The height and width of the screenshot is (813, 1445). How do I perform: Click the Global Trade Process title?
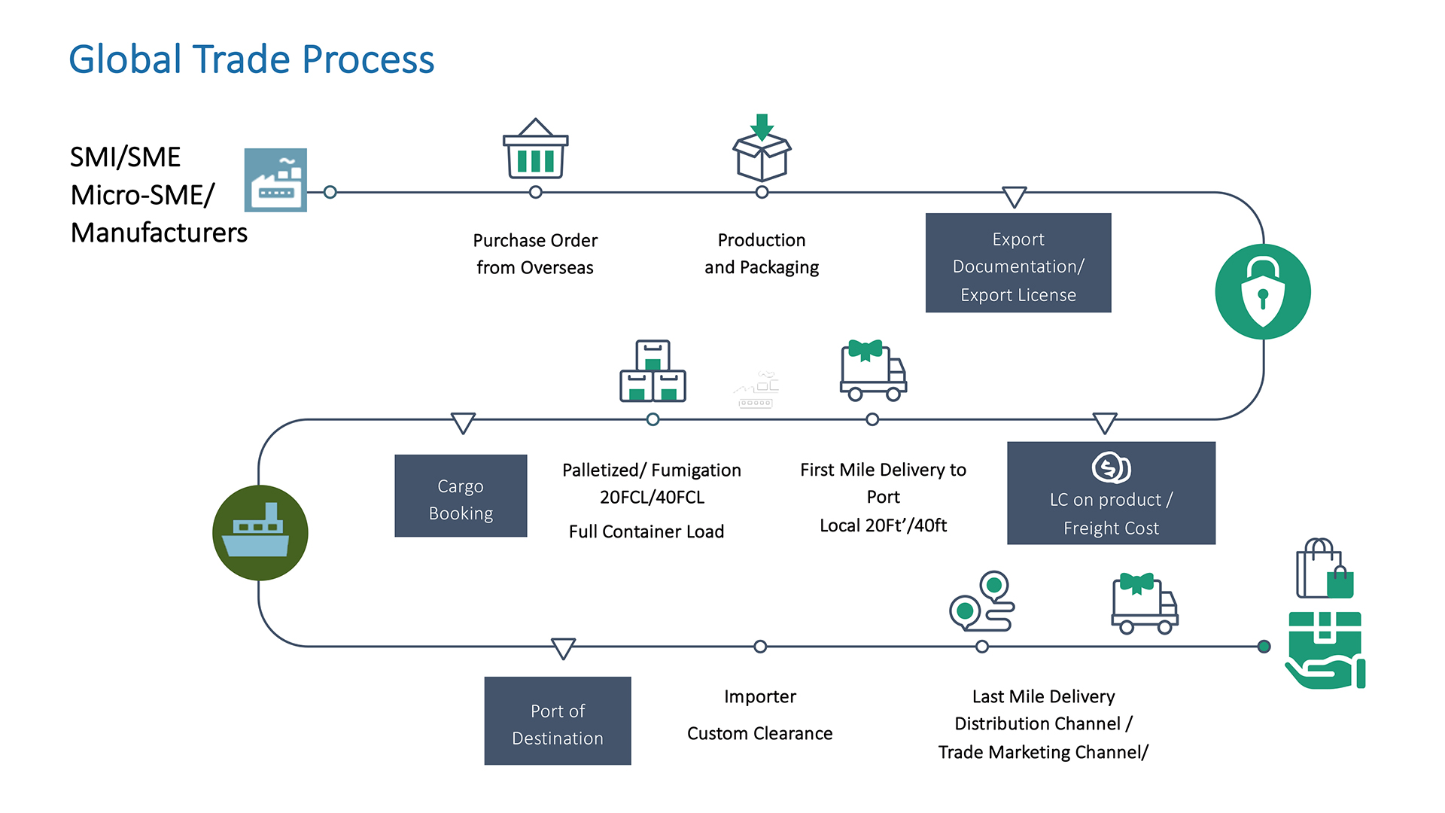pyautogui.click(x=251, y=59)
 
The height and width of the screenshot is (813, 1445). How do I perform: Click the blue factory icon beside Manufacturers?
pyautogui.click(x=275, y=180)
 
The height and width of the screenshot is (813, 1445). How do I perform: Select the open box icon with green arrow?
pyautogui.click(x=762, y=149)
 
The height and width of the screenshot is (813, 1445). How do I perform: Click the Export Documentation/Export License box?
pyautogui.click(x=1018, y=263)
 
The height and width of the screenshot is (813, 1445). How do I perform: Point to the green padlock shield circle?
pyautogui.click(x=1262, y=292)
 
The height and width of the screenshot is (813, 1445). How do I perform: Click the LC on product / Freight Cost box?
pyautogui.click(x=1111, y=493)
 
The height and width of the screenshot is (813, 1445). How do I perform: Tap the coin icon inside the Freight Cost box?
pyautogui.click(x=1111, y=467)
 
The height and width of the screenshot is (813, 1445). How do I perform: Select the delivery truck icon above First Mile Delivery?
pyautogui.click(x=872, y=370)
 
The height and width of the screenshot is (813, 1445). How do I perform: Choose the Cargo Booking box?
pyautogui.click(x=461, y=495)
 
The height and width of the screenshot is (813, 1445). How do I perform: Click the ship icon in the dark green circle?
pyautogui.click(x=260, y=532)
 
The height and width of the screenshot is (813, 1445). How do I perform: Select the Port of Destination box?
pyautogui.click(x=558, y=720)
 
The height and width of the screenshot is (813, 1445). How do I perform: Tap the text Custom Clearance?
pyautogui.click(x=759, y=733)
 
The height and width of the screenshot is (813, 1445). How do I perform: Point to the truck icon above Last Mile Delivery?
pyautogui.click(x=1144, y=604)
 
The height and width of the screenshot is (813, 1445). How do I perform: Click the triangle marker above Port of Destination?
pyautogui.click(x=563, y=647)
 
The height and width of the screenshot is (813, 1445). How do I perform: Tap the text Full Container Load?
pyautogui.click(x=646, y=531)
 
